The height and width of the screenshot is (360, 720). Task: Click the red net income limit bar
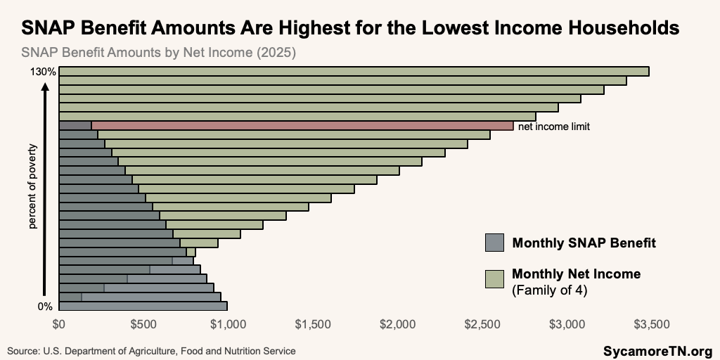coord(302,126)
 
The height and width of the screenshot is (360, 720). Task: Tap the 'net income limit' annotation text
coord(553,127)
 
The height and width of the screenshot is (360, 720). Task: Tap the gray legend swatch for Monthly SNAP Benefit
coord(495,243)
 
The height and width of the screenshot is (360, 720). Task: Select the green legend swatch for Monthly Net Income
coord(495,278)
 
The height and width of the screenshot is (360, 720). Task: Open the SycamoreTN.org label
coord(657,350)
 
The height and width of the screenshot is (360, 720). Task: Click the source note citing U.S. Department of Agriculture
coord(151,350)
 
